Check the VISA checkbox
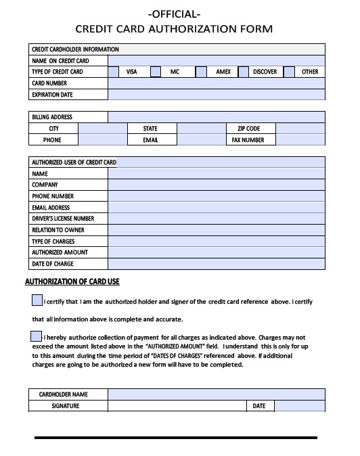[114, 72]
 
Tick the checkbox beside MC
[156, 72]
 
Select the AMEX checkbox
[200, 72]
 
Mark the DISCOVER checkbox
[244, 72]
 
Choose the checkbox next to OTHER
[289, 72]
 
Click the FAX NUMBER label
[248, 140]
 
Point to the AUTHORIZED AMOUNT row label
[60, 252]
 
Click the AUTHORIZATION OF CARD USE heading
[72, 282]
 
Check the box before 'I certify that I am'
[37, 300]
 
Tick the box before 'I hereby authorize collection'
[37, 336]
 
